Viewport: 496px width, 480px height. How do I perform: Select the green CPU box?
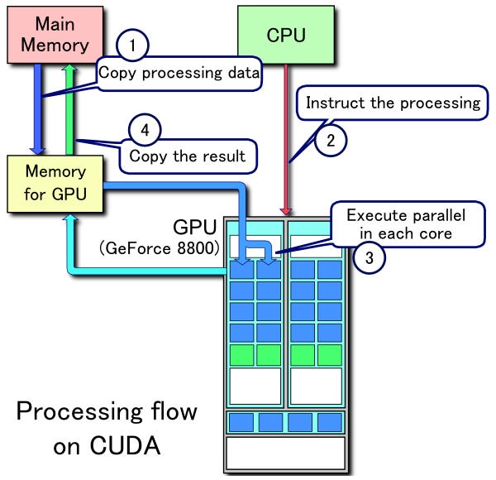pos(285,35)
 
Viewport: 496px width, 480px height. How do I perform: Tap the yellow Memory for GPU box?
pos(55,185)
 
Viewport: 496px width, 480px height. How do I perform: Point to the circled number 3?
pos(369,257)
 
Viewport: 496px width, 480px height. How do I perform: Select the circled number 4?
pos(144,131)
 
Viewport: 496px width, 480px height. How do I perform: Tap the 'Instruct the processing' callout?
pos(392,103)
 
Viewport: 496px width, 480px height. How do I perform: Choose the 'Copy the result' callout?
pos(188,155)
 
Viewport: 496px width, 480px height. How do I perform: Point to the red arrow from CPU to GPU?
pos(285,141)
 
